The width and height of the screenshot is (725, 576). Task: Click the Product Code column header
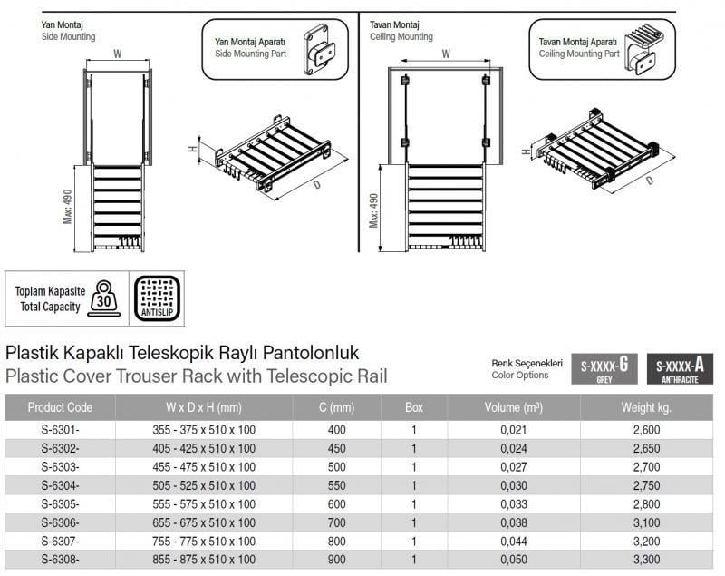(60, 407)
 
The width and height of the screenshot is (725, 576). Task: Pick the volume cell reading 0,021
(514, 431)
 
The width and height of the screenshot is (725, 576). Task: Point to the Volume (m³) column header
(514, 407)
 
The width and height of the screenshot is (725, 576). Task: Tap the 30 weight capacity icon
(105, 299)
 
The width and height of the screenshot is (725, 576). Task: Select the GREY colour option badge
(604, 370)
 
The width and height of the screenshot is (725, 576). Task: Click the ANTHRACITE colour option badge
(679, 370)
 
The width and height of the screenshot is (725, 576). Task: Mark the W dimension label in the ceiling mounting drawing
(446, 54)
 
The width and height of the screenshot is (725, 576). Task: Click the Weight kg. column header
(645, 407)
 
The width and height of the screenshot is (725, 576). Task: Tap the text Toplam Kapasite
(49, 292)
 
